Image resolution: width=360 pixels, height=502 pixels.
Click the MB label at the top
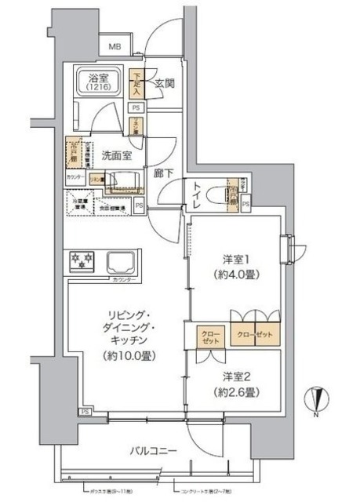click(x=115, y=48)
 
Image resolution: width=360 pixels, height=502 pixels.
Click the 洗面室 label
click(x=115, y=155)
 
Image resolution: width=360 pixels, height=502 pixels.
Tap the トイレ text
click(x=197, y=194)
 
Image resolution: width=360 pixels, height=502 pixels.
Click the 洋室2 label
click(x=235, y=376)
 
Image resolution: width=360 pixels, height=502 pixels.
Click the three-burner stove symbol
click(x=82, y=260)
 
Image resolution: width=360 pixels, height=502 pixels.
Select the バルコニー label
click(x=154, y=451)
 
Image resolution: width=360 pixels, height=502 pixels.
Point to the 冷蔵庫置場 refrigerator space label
click(x=85, y=206)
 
